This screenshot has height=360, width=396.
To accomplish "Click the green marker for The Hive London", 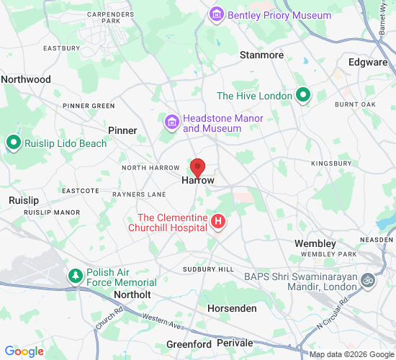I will tap(304, 95).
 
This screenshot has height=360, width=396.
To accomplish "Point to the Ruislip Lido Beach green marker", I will tap(13, 143).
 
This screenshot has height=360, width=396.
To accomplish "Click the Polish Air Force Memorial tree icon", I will tap(75, 276).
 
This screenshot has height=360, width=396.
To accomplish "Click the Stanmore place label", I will tap(261, 55).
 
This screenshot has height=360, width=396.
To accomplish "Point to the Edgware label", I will tap(368, 63).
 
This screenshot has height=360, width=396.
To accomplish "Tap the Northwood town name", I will tap(26, 79).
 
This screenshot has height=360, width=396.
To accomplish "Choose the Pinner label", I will tap(122, 130).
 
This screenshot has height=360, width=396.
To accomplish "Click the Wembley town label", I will tap(315, 244).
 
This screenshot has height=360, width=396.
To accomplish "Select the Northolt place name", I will tap(132, 295).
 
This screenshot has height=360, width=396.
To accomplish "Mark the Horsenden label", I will tap(233, 308).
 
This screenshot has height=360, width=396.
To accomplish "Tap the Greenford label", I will tap(189, 345).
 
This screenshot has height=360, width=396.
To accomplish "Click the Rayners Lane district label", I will tap(139, 194).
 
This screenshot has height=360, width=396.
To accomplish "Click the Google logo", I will tap(24, 351).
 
